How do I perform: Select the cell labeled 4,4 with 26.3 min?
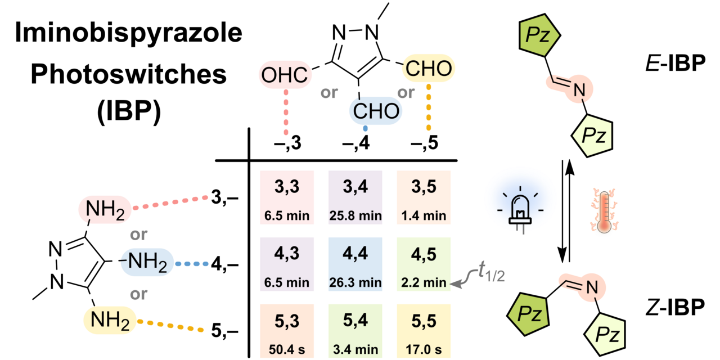[x=355, y=263]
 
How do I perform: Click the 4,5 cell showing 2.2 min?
[x=422, y=263]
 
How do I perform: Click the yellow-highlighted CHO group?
[x=429, y=70]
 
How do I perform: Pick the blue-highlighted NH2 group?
[x=145, y=262]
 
